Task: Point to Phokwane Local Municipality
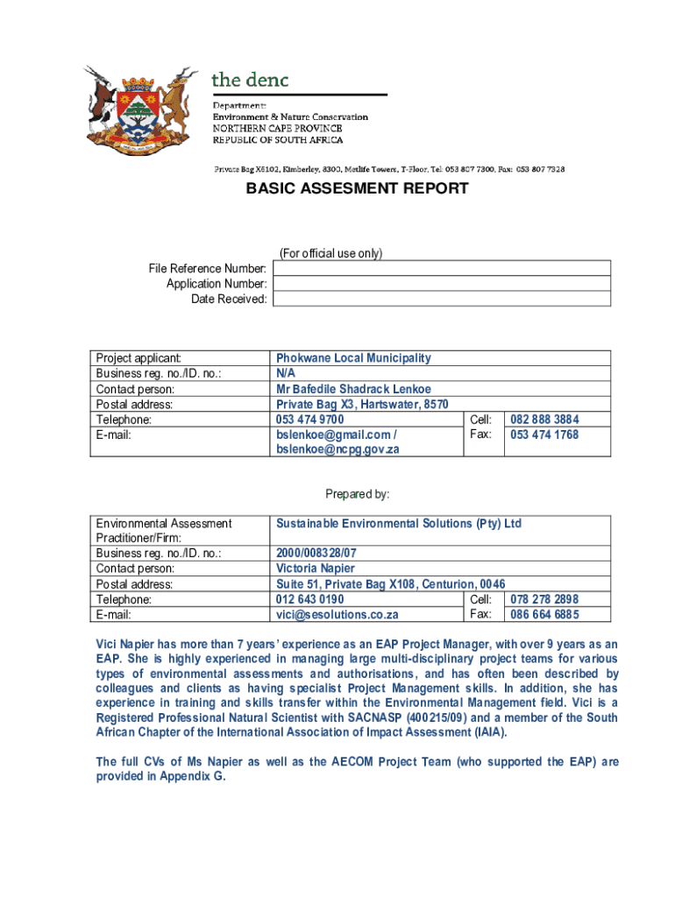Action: pos(353,358)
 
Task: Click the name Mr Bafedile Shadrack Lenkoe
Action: pos(353,389)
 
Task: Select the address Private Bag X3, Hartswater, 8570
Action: pos(362,405)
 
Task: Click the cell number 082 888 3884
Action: pos(544,420)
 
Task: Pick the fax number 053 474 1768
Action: pos(544,434)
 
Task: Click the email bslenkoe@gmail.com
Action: pos(333,434)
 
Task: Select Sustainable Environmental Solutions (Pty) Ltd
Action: pos(398,524)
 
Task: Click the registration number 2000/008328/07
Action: pos(316,554)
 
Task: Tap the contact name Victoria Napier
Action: pos(316,569)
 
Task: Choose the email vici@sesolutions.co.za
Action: pos(337,615)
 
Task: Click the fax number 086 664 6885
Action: pos(544,615)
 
